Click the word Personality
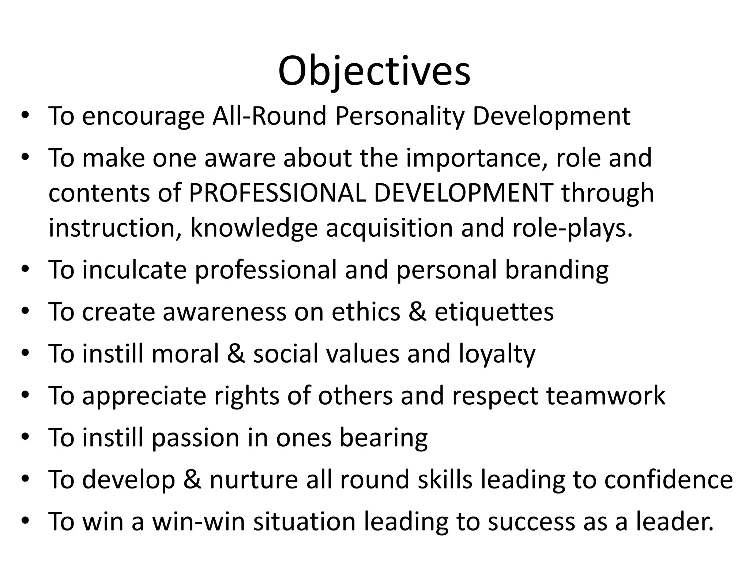(x=399, y=116)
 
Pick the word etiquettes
(x=494, y=312)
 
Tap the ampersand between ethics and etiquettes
(x=417, y=312)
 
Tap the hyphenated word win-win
(x=198, y=521)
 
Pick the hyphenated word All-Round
(x=269, y=116)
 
